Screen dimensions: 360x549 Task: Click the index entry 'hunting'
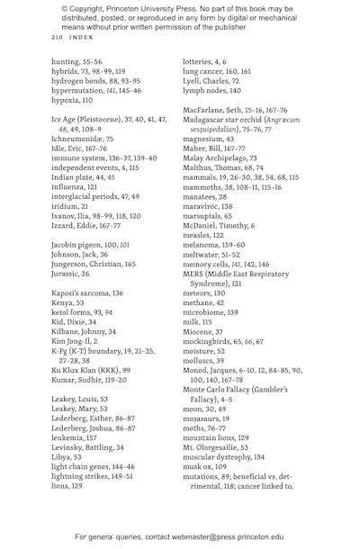point(65,62)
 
